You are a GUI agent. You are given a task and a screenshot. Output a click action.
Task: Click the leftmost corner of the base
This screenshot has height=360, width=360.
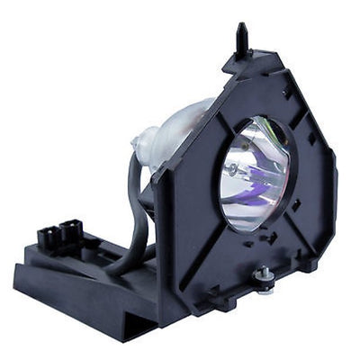tap(16, 270)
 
